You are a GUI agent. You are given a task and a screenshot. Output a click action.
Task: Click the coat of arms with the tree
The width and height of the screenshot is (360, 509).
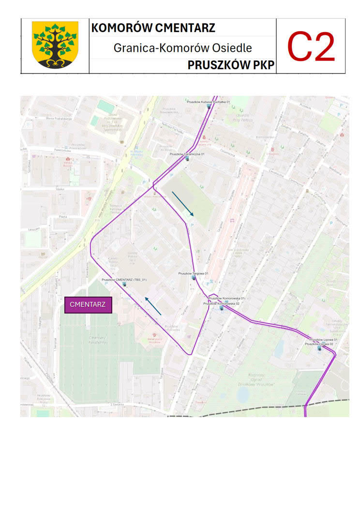pos(55,45)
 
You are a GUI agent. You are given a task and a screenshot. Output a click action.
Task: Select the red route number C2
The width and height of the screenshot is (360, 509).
pos(311,46)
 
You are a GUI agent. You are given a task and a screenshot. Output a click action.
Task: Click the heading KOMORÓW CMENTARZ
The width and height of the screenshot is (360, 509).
pos(153,28)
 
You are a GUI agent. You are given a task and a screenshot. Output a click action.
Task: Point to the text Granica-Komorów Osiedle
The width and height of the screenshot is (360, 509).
pos(182,48)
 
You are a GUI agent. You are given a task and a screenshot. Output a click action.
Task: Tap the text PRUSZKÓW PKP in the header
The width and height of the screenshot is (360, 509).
pos(231,65)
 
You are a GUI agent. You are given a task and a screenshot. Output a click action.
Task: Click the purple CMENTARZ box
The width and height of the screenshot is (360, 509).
pos(88,305)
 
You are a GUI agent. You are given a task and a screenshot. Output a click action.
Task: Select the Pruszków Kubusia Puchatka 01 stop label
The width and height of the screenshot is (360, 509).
pos(208,102)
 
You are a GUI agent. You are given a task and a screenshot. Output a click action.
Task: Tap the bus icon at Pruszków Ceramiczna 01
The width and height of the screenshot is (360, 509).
pos(187,158)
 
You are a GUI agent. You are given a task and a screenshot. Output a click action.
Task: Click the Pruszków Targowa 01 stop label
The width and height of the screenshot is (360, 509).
pos(193,273)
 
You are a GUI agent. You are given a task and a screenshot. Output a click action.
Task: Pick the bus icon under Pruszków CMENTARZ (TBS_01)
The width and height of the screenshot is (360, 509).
pos(124,284)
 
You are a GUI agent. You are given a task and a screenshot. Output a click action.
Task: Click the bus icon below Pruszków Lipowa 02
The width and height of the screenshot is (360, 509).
pos(319,348)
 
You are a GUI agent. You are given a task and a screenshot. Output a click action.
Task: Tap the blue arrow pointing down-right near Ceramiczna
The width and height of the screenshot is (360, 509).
pos(183,204)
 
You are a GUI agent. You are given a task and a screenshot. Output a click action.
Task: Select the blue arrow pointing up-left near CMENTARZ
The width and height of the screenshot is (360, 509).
pos(153,307)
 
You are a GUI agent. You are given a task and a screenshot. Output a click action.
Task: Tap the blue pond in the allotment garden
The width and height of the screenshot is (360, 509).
pos(243,395)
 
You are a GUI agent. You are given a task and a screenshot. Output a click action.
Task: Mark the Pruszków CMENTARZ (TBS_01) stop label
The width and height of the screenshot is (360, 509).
pos(124,280)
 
